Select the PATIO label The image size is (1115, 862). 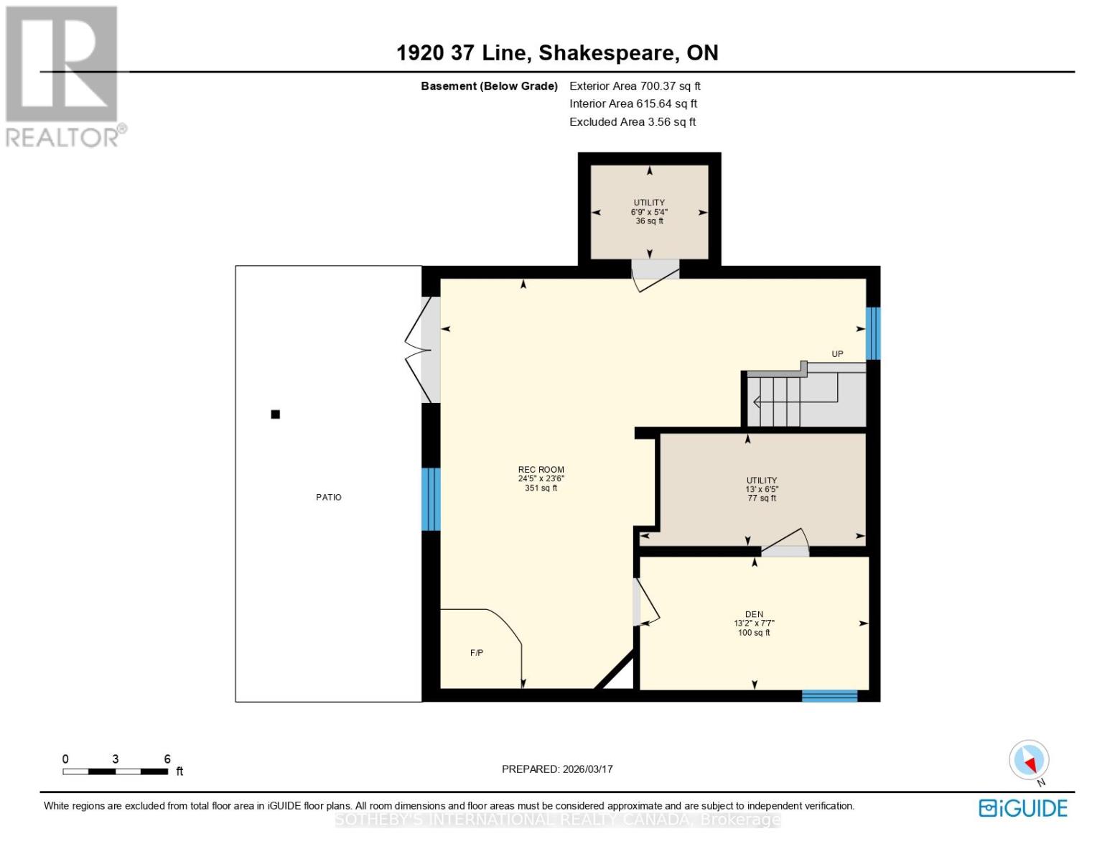329,497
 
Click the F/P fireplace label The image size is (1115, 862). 477,652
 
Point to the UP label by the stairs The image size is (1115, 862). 837,353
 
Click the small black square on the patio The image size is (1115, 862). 275,414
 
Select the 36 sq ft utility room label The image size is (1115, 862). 649,212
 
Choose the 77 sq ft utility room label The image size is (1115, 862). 762,489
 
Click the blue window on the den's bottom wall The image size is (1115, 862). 829,695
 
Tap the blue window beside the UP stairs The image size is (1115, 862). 873,333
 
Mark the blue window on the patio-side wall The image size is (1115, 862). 430,499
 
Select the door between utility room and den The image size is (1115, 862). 785,544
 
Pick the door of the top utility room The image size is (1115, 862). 655,273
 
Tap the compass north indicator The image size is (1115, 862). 1029,761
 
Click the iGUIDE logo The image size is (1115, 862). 1022,808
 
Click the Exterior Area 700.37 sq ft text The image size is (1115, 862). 635,86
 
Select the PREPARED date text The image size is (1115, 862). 557,769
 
